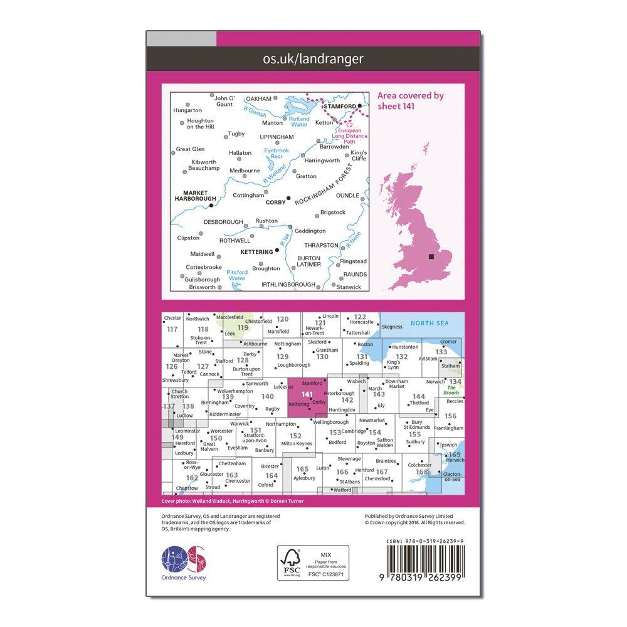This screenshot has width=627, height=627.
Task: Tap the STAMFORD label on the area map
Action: coord(339,106)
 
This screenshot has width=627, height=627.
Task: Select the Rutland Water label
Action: coord(299,120)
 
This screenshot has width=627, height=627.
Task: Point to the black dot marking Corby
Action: coord(288,199)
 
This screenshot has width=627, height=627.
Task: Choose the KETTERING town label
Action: coord(256,251)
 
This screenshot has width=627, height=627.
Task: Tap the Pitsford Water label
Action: coord(237,275)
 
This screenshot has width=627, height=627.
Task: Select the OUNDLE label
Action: coord(348,196)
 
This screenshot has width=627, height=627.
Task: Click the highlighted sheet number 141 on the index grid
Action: coord(307,394)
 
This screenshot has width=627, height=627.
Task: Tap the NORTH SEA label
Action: coord(429,324)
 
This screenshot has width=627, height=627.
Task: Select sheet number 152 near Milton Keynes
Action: coord(295,436)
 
